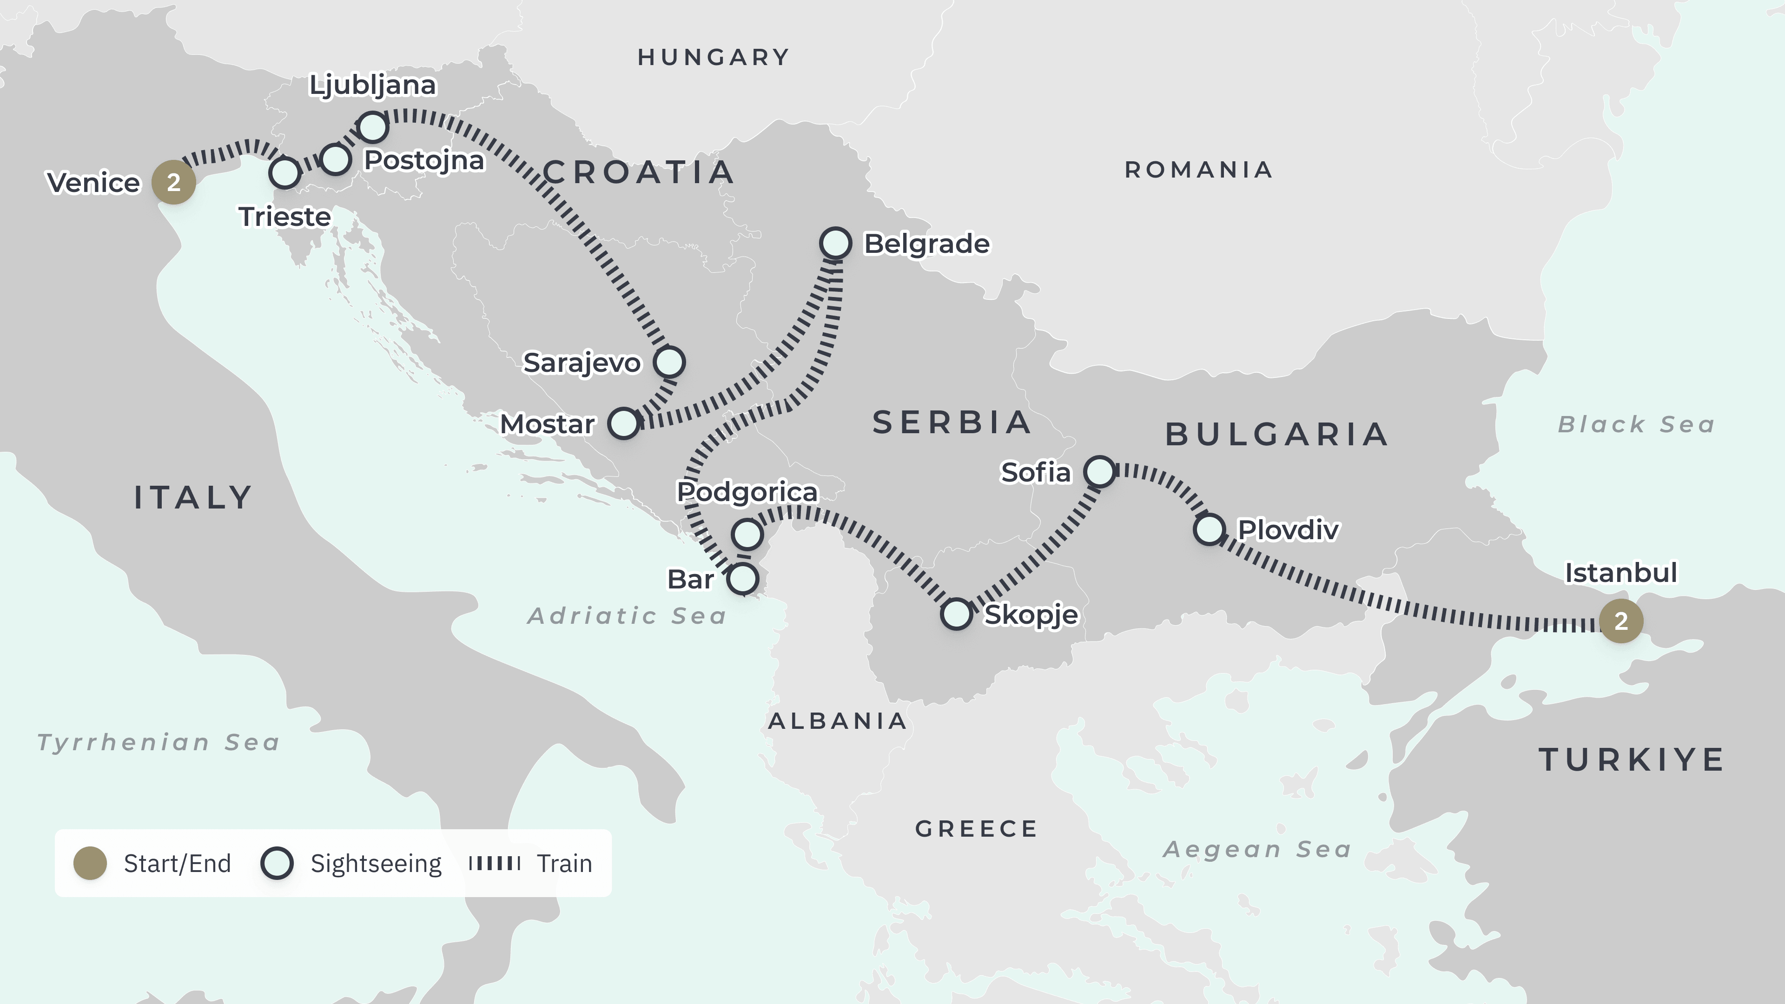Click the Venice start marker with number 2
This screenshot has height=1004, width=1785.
[173, 182]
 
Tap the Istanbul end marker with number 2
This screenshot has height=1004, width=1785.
[1621, 621]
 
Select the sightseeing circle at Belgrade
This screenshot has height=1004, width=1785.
[835, 243]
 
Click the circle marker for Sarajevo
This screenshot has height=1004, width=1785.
[669, 362]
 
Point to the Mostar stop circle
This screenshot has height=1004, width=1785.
[624, 423]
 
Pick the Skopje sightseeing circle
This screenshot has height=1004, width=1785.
[956, 614]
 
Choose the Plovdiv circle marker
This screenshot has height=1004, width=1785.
[1209, 529]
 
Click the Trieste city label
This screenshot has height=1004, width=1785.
[285, 217]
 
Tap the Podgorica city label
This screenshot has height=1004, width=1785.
[747, 492]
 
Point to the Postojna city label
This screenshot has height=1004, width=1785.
[424, 160]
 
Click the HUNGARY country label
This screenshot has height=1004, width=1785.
[714, 57]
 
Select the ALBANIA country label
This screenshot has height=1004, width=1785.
[838, 721]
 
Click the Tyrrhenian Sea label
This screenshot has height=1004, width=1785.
[159, 742]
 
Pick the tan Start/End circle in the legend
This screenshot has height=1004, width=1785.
[90, 863]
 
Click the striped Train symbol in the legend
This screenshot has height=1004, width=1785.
[494, 863]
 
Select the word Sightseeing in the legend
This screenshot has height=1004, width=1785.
[376, 863]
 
